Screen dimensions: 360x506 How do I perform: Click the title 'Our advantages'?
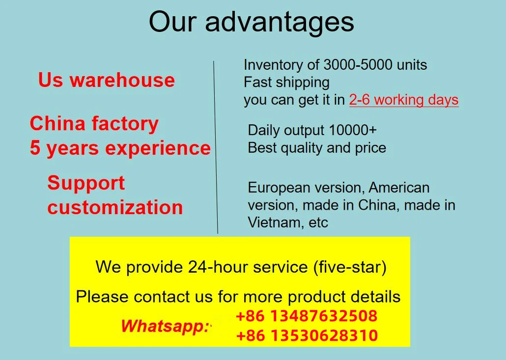[x=251, y=22]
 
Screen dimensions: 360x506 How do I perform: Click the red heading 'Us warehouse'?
[x=107, y=80]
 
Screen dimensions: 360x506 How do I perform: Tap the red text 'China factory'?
[x=94, y=124]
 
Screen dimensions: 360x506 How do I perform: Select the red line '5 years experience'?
[x=120, y=148]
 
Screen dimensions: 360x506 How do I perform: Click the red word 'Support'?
[x=86, y=183]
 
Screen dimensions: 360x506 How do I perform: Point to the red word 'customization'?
[x=115, y=207]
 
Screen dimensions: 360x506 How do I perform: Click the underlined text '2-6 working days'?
[x=404, y=100]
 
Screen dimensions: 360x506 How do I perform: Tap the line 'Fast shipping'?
[x=286, y=82]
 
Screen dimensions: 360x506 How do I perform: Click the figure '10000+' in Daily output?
[x=353, y=130]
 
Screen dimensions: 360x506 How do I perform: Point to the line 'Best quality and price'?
[x=317, y=148]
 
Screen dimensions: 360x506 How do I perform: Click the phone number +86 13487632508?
[x=307, y=316]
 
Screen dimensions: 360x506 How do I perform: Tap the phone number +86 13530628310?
[x=307, y=336]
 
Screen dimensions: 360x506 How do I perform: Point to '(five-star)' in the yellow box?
[x=349, y=267]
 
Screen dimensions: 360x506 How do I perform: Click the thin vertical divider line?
[x=215, y=147]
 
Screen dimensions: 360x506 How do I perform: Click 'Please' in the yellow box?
[x=103, y=297]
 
